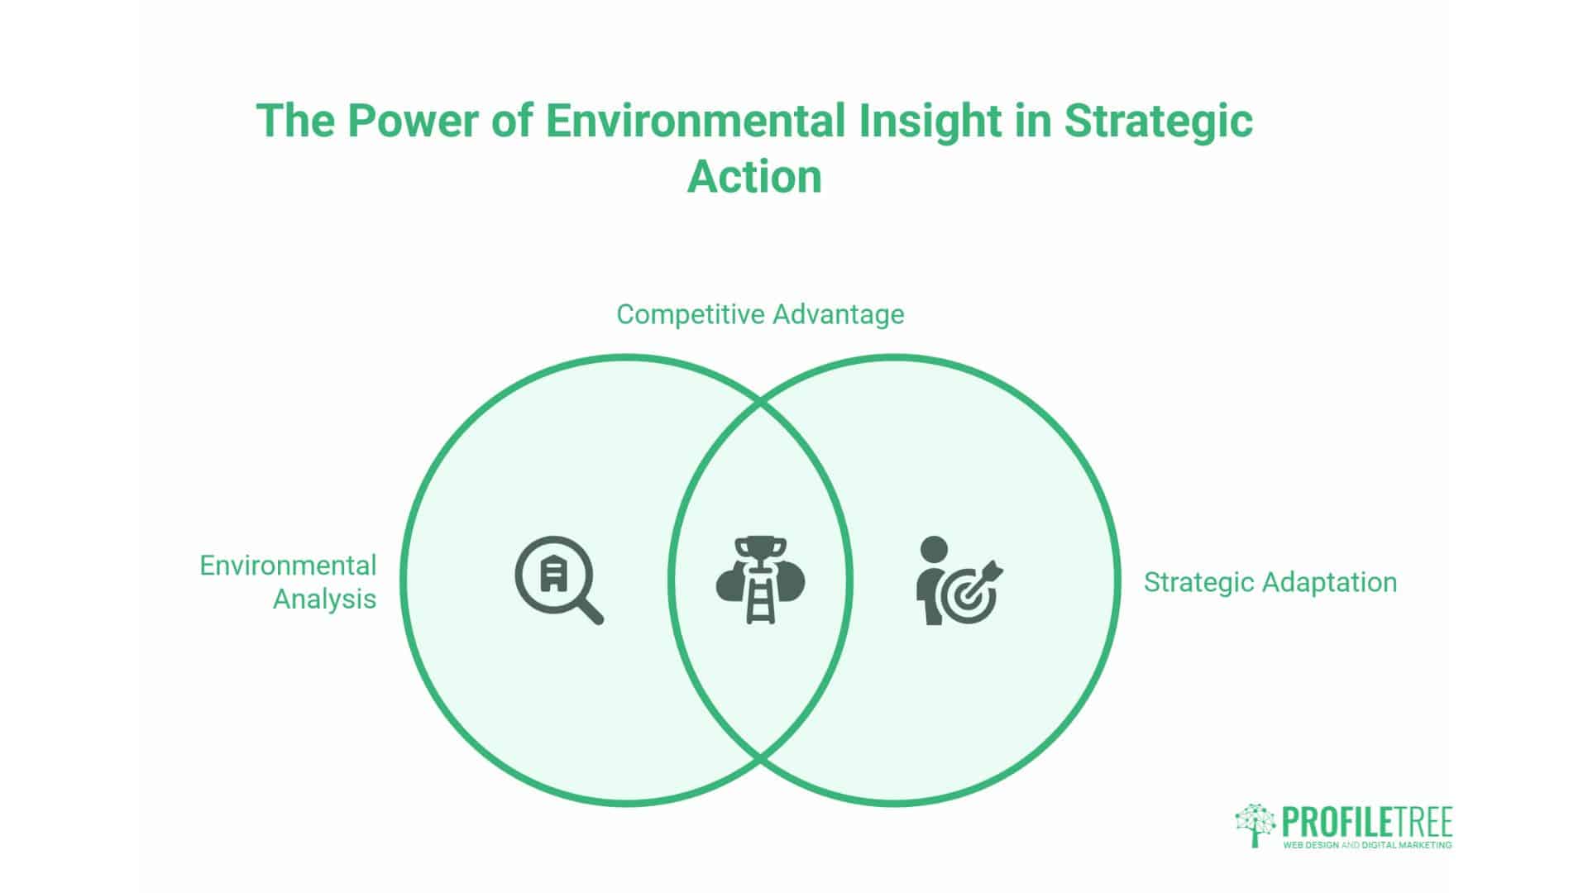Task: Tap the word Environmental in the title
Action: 695,121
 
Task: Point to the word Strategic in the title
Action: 1158,121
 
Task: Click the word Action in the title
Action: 754,177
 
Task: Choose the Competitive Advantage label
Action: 760,314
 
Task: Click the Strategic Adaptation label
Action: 1270,582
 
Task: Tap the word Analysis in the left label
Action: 324,599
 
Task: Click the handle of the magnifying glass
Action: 590,611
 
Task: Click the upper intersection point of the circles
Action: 760,403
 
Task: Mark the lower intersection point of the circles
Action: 760,757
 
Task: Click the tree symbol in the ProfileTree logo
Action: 1255,824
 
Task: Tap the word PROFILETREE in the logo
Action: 1366,823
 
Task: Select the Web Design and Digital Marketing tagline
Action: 1366,845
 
